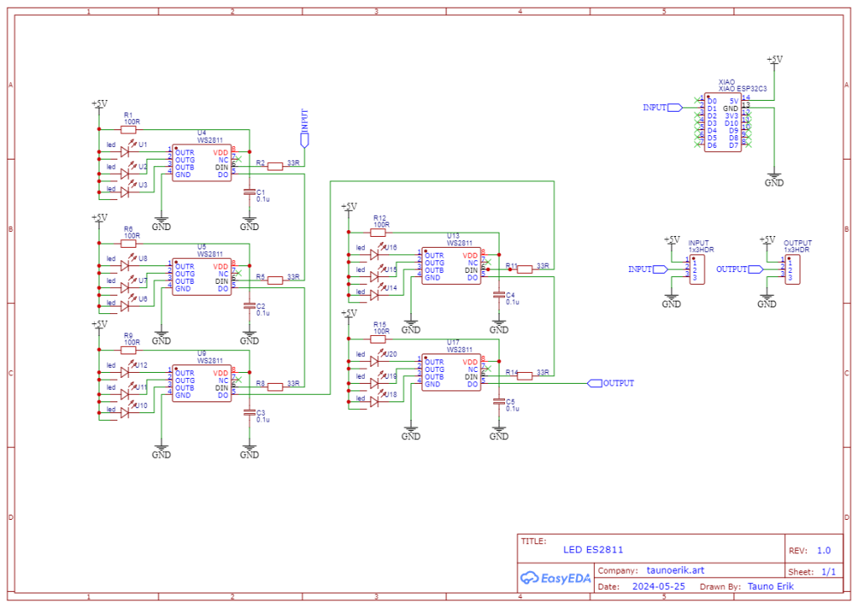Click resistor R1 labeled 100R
click(x=132, y=129)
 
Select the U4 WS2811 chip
click(x=202, y=163)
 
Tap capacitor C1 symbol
click(x=249, y=192)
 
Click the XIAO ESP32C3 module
click(x=722, y=123)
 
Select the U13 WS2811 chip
click(x=451, y=265)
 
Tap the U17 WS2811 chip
click(x=451, y=372)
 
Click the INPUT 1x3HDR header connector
click(x=697, y=270)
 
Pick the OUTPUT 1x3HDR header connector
click(x=792, y=270)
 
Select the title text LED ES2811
click(x=593, y=550)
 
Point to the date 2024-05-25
click(x=658, y=586)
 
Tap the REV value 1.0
click(x=824, y=551)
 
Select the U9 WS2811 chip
click(x=202, y=384)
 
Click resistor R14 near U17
click(x=524, y=376)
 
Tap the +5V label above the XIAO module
click(x=775, y=60)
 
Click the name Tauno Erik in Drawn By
click(x=770, y=586)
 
